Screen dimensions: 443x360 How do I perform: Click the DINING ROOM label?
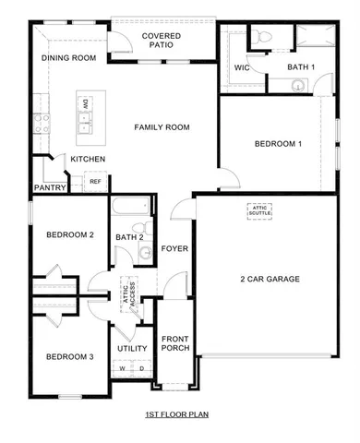pyautogui.click(x=68, y=58)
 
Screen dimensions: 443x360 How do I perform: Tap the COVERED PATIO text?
pyautogui.click(x=161, y=41)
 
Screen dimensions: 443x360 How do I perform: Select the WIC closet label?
pyautogui.click(x=243, y=67)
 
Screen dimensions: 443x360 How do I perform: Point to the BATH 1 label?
pyautogui.click(x=300, y=67)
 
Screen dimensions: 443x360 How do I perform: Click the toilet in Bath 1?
pyautogui.click(x=261, y=38)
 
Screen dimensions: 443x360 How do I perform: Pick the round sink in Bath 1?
pyautogui.click(x=298, y=85)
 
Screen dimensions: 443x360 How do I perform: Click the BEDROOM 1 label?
pyautogui.click(x=278, y=144)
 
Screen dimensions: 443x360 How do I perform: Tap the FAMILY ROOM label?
pyautogui.click(x=162, y=126)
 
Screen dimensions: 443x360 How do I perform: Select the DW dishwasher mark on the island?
pyautogui.click(x=85, y=104)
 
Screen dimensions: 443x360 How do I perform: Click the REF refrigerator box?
pyautogui.click(x=95, y=182)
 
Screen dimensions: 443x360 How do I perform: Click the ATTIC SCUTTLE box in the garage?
pyautogui.click(x=259, y=210)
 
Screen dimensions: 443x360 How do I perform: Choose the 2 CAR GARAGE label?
pyautogui.click(x=270, y=279)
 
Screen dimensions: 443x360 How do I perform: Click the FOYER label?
pyautogui.click(x=174, y=248)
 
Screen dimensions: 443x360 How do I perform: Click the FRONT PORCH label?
pyautogui.click(x=174, y=343)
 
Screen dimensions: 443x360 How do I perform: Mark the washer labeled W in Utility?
pyautogui.click(x=122, y=369)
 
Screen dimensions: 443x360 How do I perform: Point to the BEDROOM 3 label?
pyautogui.click(x=70, y=357)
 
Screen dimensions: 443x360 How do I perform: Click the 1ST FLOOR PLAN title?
pyautogui.click(x=178, y=415)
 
